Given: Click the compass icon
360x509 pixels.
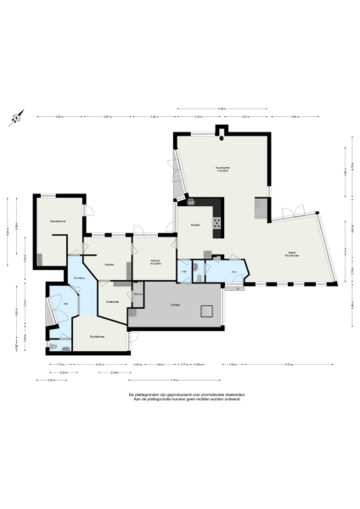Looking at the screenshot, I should pos(15,120).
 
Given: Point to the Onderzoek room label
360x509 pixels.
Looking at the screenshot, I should pos(111,302).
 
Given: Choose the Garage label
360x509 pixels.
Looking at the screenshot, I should pos(174,304).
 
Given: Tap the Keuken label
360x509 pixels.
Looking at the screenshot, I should pos(194,225).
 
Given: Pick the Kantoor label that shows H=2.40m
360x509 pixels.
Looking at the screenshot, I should pos(155,261).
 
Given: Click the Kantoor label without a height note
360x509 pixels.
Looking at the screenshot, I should pos(109,265).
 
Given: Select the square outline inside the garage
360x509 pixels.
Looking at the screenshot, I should pos(206,310).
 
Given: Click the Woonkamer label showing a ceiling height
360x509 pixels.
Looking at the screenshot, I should pos(223,168).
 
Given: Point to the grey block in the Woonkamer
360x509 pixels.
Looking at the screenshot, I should pos(261,208).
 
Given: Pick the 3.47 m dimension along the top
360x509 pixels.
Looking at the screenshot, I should pos(106,116).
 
